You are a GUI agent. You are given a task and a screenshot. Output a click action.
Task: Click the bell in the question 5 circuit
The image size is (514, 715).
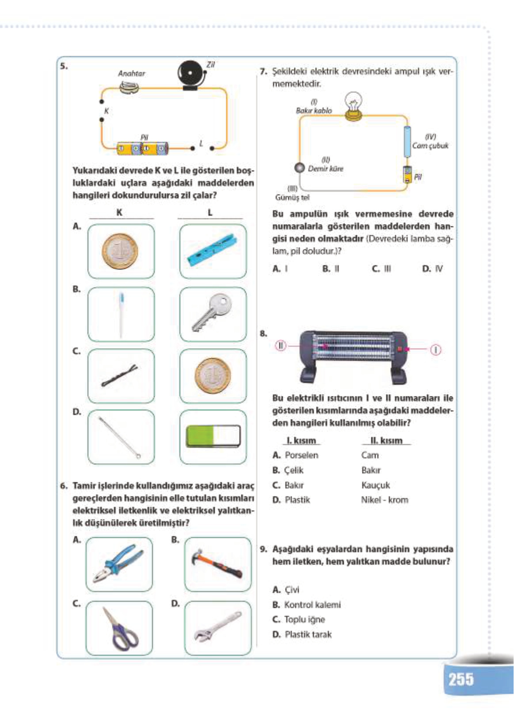click(x=191, y=74)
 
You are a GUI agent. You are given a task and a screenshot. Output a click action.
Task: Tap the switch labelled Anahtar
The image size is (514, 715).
click(x=129, y=88)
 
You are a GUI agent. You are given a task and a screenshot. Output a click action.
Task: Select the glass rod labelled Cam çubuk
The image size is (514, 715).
click(x=407, y=142)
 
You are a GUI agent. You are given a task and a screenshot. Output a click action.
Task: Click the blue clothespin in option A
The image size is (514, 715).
click(x=213, y=250)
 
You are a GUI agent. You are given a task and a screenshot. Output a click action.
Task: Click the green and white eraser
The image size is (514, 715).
click(x=213, y=436)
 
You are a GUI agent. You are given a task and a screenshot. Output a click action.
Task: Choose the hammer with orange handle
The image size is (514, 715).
click(x=217, y=564)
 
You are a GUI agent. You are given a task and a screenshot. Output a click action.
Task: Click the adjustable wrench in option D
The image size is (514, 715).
click(x=217, y=627)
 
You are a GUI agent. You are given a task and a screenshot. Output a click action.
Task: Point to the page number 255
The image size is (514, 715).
click(x=461, y=679)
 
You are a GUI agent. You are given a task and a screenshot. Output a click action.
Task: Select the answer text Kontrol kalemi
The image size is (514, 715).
click(x=312, y=605)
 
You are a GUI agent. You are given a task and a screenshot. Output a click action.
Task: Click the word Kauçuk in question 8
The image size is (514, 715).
click(x=375, y=485)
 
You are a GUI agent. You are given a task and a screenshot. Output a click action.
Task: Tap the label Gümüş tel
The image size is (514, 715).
click(x=292, y=198)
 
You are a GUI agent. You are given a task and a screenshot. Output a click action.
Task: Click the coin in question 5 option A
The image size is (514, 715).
click(x=120, y=251)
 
